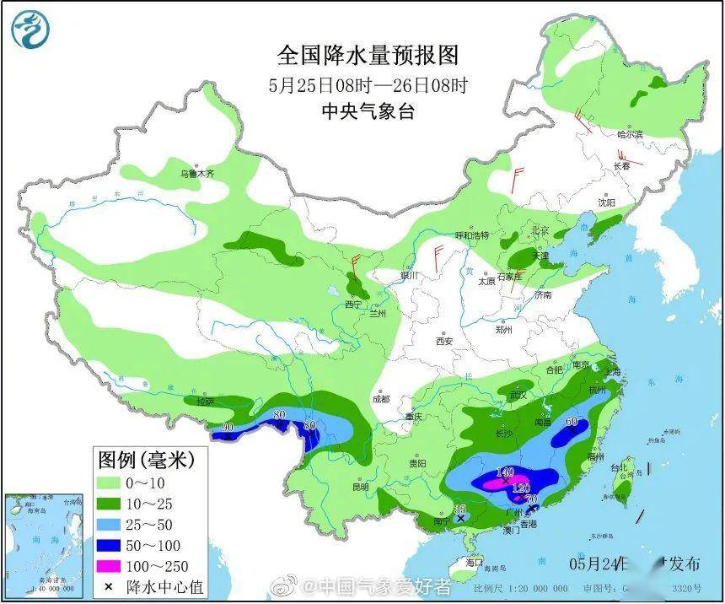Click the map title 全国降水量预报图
point(368,56)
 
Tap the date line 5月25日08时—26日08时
point(368,84)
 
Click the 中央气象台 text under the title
point(368,111)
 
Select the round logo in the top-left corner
point(30,29)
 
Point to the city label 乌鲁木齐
point(196,174)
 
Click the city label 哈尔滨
point(629,134)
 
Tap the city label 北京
point(540,230)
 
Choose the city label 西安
point(445,342)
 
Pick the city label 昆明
point(360,487)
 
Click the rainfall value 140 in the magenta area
point(506,472)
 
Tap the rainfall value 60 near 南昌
point(571,422)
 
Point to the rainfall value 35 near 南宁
point(460,509)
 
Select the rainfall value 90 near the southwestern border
point(227,429)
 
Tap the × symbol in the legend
point(109,586)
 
